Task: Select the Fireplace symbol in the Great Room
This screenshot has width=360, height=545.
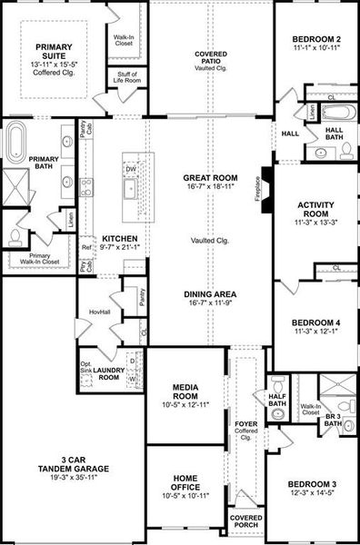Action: pyautogui.click(x=265, y=192)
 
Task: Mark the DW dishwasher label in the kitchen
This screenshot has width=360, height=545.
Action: pyautogui.click(x=130, y=169)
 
